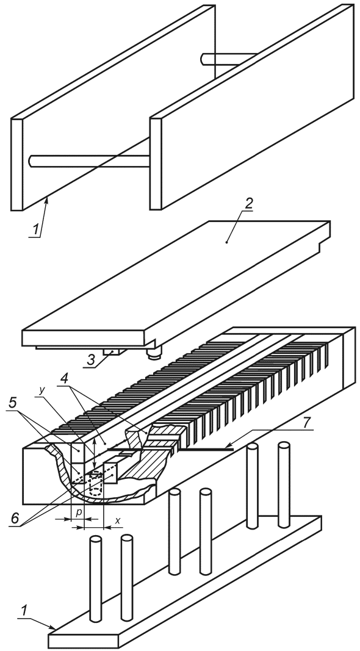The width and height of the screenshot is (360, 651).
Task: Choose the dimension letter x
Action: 118,518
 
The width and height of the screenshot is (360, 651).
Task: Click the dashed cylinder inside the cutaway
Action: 96,484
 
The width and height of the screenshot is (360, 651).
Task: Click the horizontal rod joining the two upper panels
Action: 89,160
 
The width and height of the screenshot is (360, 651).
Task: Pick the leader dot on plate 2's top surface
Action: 227,241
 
